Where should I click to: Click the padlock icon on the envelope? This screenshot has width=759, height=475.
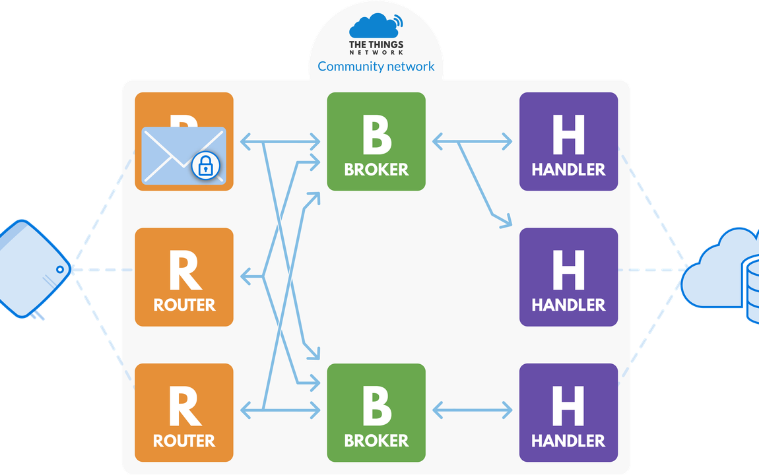point(207,166)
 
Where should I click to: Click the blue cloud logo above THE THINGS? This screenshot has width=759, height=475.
point(375,27)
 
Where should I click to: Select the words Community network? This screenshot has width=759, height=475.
point(376,66)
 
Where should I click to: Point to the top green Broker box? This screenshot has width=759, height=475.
point(376,141)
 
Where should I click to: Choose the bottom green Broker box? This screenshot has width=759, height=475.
point(376,412)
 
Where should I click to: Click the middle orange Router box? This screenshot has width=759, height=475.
point(184,277)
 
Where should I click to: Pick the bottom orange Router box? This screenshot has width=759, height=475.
point(184,412)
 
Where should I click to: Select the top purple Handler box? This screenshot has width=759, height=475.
point(568,141)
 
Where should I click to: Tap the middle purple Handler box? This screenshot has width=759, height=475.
point(568,277)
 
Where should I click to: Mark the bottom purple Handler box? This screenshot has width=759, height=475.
point(568,412)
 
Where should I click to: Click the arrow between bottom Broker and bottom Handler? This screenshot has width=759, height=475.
point(473,410)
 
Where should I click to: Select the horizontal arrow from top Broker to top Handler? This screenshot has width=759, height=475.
point(473,141)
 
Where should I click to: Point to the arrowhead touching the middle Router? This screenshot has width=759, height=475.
point(246,276)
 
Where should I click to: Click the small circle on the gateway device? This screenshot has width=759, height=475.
point(60,270)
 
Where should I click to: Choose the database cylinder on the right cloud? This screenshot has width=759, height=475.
point(752,290)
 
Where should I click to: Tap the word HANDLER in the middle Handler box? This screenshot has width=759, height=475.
point(568,305)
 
